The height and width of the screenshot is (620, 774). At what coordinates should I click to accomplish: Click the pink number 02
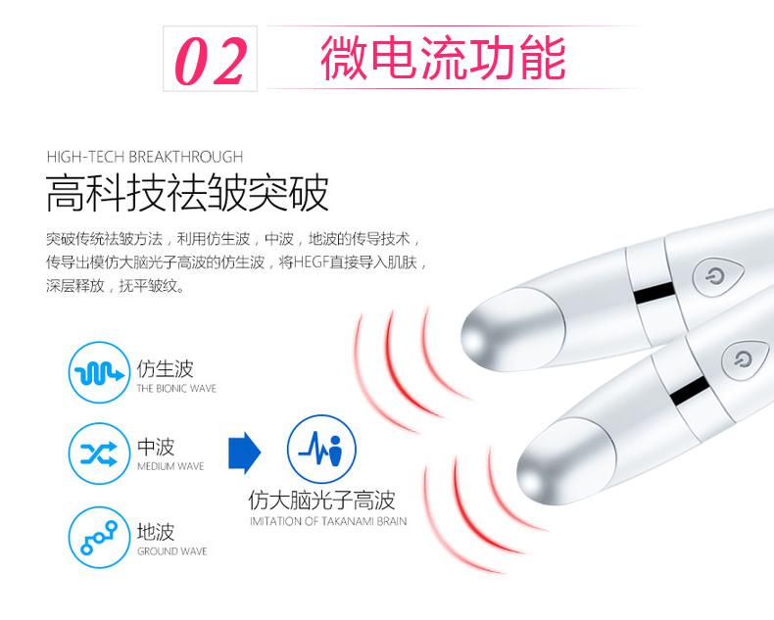(x=211, y=61)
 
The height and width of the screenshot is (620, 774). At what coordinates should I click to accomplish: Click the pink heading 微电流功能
(x=443, y=57)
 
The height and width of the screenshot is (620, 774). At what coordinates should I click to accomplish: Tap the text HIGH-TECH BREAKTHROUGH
(x=145, y=157)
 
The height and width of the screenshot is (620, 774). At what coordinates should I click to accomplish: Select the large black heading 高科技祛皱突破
(x=187, y=193)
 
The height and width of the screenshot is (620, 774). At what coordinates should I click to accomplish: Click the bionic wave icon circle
(x=99, y=372)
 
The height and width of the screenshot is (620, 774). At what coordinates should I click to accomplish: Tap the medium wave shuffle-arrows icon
(x=99, y=453)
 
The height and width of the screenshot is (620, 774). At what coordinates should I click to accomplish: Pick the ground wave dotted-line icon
(x=99, y=537)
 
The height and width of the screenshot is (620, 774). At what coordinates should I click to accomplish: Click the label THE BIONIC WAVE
(x=176, y=389)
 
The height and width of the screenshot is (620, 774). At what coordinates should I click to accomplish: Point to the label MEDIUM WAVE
(x=170, y=466)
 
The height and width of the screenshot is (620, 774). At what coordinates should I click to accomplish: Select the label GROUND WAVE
(x=172, y=551)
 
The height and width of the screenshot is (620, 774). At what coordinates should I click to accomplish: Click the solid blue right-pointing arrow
(x=244, y=453)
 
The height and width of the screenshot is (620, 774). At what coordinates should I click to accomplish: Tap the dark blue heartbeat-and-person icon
(x=321, y=449)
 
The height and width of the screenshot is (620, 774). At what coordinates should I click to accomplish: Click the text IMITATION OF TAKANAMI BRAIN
(x=328, y=521)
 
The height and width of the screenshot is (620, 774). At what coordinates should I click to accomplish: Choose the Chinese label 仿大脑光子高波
(x=321, y=501)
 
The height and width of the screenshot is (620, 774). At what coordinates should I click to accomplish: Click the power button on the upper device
(x=718, y=276)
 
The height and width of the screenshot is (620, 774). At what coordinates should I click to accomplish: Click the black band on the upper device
(x=654, y=293)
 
